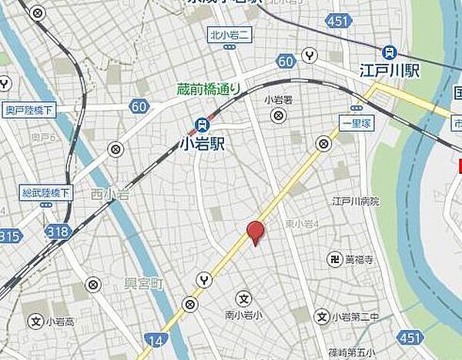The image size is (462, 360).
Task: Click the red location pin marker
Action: pyautogui.click(x=254, y=232)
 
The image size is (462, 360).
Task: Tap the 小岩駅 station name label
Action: pyautogui.click(x=202, y=142)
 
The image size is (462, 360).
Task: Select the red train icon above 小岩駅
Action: pyautogui.click(x=202, y=123)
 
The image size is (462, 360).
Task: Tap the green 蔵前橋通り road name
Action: pyautogui.click(x=209, y=89)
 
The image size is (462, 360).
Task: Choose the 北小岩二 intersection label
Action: pyautogui.click(x=229, y=34)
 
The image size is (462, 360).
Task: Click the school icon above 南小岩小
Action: pyautogui.click(x=243, y=297)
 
